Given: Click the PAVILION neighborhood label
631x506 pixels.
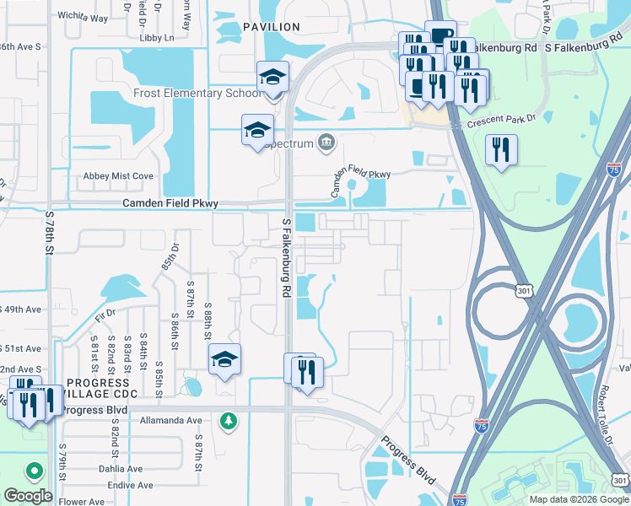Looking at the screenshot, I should pos(271,27).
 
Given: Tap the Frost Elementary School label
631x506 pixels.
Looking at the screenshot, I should pos(197,93).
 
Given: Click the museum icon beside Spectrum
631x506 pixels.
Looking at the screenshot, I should pos(326,143).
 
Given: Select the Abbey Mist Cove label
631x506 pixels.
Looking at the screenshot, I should pos(118,176).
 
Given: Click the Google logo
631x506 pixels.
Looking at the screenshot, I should pos(27,496).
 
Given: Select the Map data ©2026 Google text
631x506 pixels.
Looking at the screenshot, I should pos(579,499).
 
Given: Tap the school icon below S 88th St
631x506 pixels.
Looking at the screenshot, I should pos(224,360).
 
